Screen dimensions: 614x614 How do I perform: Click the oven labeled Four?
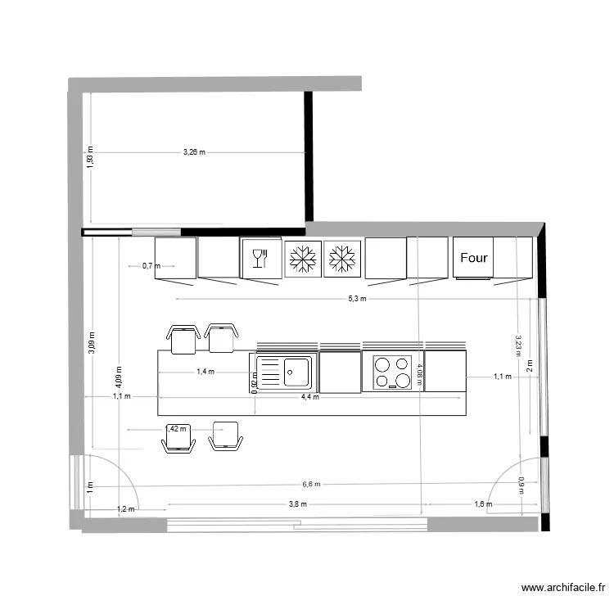tap(473, 258)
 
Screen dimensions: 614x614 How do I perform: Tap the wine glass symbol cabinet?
tap(261, 258)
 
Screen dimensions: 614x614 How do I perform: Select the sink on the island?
tap(283, 371)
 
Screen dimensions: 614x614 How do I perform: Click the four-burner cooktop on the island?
tap(393, 372)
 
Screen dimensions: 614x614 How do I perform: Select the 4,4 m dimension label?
tap(310, 397)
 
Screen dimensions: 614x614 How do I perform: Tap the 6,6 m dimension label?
tap(311, 484)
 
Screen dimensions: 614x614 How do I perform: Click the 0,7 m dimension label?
tap(151, 266)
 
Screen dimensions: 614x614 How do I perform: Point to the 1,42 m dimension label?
tap(176, 428)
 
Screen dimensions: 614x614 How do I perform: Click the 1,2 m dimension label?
tap(125, 509)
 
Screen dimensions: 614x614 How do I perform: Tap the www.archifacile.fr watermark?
tap(565, 587)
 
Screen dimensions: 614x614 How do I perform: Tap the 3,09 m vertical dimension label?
tap(92, 342)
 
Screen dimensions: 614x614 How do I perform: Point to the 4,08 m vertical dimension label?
tap(420, 374)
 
